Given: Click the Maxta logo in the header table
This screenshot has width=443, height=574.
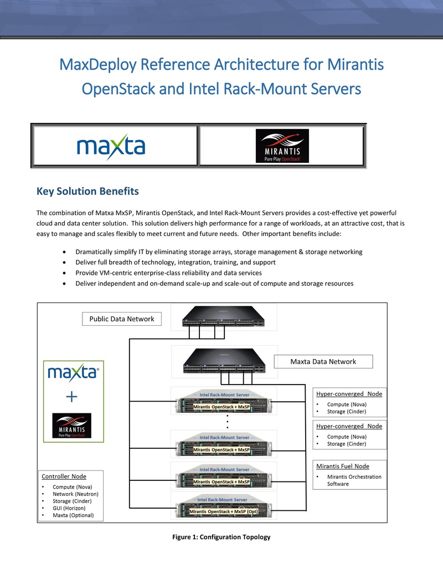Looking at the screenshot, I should point(111,147).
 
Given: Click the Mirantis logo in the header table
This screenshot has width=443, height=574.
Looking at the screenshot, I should point(282,146).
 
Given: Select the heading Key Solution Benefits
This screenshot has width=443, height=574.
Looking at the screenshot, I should point(87,192).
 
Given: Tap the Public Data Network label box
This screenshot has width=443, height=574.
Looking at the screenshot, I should point(122,319).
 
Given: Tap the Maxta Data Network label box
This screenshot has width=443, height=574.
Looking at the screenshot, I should point(323,362).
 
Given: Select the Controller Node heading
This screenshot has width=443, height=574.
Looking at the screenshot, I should point(64,476).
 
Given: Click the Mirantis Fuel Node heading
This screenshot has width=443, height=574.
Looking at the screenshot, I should point(343,466).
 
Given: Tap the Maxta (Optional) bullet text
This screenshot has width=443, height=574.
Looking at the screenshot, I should point(73,515).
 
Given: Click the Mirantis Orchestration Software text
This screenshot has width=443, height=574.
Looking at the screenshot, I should point(354,480).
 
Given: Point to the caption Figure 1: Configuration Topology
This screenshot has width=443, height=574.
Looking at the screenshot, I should point(221,537).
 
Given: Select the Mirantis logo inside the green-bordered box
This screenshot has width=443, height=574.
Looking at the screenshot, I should point(71,426).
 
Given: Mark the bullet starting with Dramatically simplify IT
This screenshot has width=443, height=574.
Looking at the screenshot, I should point(219,252).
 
